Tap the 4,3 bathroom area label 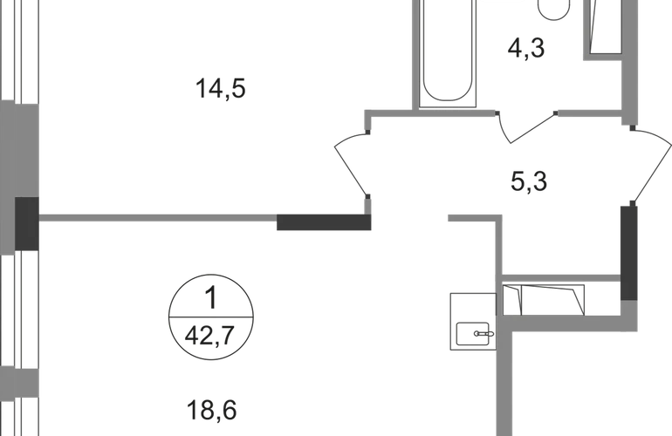point(525,48)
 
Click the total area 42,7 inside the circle point(211,330)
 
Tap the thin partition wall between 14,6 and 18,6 point(157,216)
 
